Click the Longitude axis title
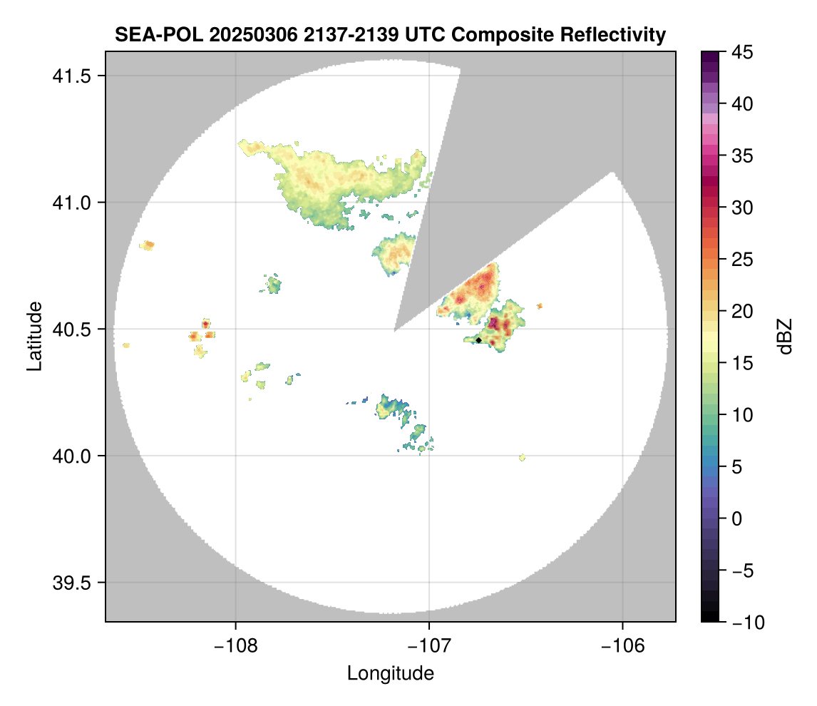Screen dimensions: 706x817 click(x=390, y=672)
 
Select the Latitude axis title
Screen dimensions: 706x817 click(x=34, y=336)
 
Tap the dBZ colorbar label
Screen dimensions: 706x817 click(x=785, y=336)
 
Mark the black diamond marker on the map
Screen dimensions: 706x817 click(x=478, y=340)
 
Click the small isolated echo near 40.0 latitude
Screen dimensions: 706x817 click(x=523, y=457)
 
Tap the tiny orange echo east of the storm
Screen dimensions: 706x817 click(x=540, y=306)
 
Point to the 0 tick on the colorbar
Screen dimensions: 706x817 click(x=735, y=519)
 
